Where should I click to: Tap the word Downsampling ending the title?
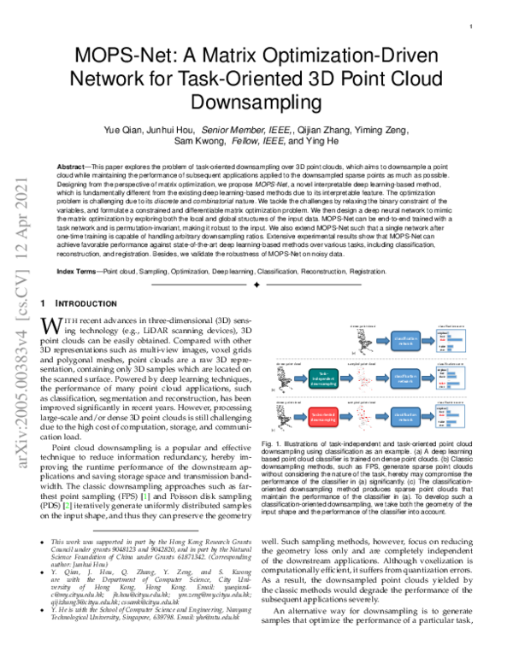pos(256,103)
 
